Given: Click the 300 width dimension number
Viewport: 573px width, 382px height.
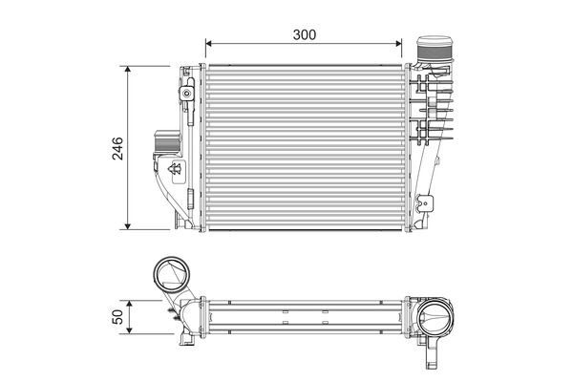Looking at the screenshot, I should click(305, 34).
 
